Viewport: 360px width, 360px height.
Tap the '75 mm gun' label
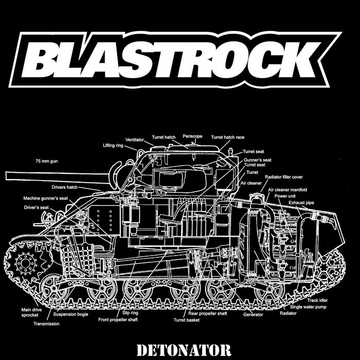pos(46,161)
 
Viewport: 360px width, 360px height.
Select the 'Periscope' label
pos(193,137)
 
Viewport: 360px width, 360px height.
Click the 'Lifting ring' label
pos(113,146)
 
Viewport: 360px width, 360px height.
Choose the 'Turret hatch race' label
pos(228,137)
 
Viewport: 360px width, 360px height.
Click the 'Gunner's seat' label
pos(255,160)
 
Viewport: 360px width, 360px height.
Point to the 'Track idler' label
pos(319,300)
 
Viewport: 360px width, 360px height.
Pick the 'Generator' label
pos(253,314)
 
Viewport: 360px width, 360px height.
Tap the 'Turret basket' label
pos(186,320)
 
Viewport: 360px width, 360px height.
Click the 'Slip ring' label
pos(131,313)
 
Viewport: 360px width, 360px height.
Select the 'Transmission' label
pos(46,324)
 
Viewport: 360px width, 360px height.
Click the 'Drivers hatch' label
pos(64,187)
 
